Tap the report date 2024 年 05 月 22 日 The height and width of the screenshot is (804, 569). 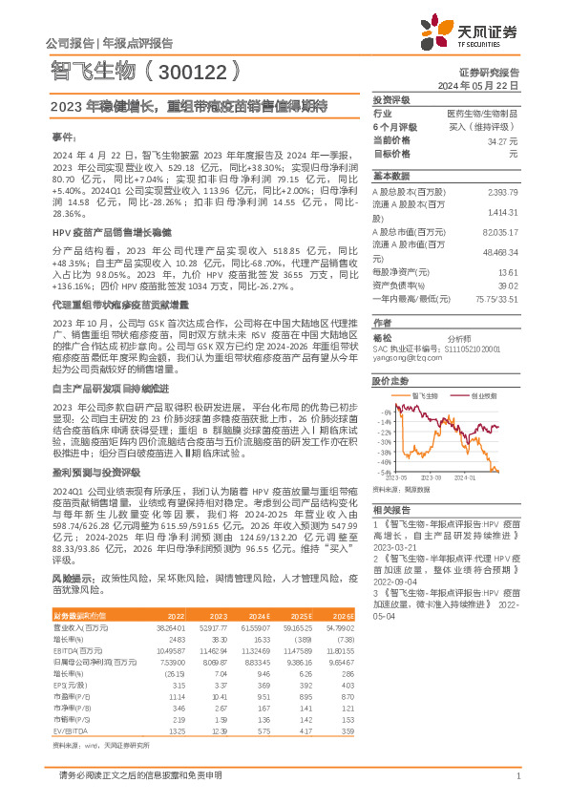coord(478,85)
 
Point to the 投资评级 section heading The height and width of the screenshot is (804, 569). coord(390,99)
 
